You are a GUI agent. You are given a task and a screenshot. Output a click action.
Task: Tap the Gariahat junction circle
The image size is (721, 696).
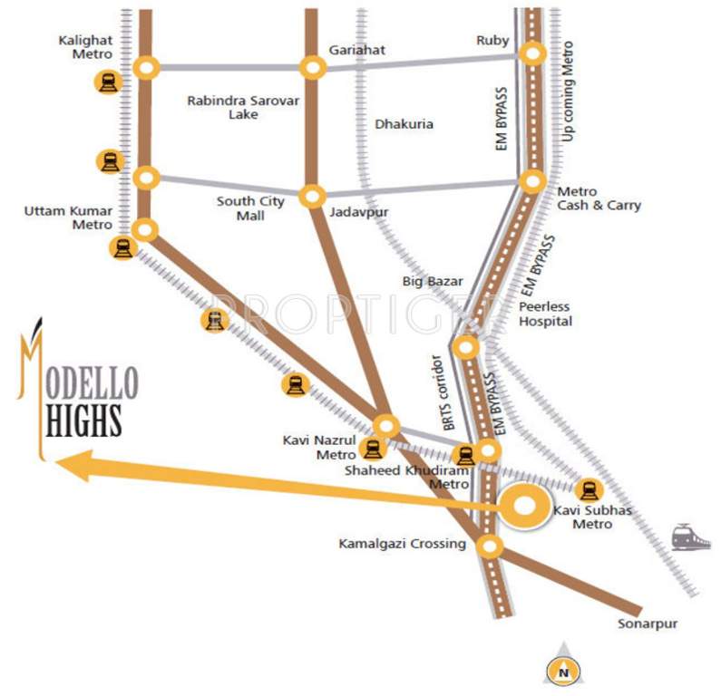click(313, 67)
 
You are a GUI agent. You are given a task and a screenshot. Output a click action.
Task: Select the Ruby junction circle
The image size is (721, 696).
click(533, 54)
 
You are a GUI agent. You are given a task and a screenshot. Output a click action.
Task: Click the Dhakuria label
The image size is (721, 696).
click(404, 123)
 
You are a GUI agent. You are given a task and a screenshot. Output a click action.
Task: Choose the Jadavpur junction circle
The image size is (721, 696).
click(313, 195)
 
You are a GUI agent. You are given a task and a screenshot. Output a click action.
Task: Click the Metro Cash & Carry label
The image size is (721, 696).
click(598, 198)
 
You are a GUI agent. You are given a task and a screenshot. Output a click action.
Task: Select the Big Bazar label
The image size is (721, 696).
click(433, 282)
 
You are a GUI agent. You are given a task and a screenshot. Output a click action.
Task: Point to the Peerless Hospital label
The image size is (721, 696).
click(545, 314)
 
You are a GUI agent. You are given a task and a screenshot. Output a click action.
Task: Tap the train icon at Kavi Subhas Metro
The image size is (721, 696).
click(589, 490)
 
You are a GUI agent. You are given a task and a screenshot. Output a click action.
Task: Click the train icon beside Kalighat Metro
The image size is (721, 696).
click(108, 82)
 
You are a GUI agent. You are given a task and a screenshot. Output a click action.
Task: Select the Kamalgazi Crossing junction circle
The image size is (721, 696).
click(490, 546)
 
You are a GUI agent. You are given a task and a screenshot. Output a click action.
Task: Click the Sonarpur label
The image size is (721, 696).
click(648, 624)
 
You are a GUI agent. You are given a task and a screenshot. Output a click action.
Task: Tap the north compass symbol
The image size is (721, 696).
click(562, 669)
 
